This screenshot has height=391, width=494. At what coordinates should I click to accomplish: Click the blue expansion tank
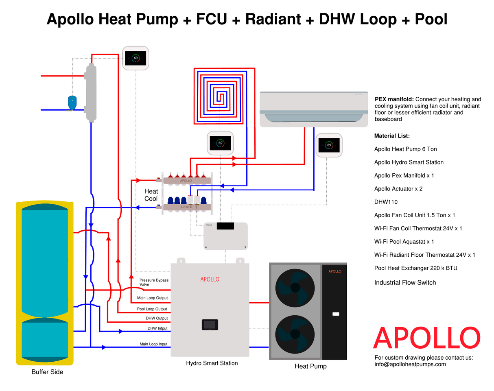tap(72, 103)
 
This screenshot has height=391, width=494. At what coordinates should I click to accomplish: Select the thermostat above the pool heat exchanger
tap(136, 58)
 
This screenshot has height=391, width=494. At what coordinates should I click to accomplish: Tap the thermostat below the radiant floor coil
tap(220, 143)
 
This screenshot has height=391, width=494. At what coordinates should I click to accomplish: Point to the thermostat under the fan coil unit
tap(329, 145)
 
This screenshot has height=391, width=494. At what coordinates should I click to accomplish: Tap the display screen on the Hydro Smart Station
tap(210, 324)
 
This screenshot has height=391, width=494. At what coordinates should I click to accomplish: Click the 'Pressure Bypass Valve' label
tap(154, 282)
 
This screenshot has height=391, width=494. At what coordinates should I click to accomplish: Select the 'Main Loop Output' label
tap(152, 298)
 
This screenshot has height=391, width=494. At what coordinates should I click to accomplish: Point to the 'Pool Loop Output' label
tap(152, 309)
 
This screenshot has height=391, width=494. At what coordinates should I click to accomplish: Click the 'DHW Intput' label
tap(157, 328)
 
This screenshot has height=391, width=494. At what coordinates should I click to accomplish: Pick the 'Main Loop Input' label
tap(153, 344)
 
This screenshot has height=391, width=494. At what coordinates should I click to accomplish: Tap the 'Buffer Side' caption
tap(47, 372)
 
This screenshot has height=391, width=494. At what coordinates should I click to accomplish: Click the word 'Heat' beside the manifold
tap(151, 191)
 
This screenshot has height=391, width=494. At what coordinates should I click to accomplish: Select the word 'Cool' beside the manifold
tap(151, 199)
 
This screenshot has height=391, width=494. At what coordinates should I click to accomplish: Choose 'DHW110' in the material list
tap(386, 202)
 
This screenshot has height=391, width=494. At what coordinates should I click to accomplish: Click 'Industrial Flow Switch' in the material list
tap(405, 282)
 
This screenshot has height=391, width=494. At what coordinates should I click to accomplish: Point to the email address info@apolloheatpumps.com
tap(410, 364)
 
